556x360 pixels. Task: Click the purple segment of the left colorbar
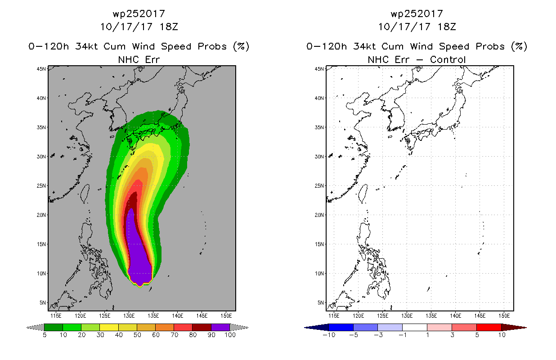(x=220, y=327)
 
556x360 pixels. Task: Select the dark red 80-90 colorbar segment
(x=202, y=327)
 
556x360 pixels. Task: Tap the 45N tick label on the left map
(x=41, y=69)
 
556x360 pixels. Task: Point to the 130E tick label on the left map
(x=129, y=315)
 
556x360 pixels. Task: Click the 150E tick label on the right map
(x=504, y=315)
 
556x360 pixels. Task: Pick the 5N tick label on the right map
(x=321, y=303)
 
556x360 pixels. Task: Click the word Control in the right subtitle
(x=448, y=59)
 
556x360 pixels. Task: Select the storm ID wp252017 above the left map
(x=139, y=13)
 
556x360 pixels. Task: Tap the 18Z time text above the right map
(x=447, y=27)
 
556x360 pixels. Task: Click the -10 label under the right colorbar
(x=329, y=335)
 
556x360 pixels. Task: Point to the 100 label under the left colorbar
(x=230, y=335)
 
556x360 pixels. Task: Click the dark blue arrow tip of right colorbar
(x=305, y=328)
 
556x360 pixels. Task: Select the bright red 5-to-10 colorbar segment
(x=489, y=327)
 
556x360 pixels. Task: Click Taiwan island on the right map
(x=363, y=193)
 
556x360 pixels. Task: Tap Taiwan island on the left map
(x=85, y=193)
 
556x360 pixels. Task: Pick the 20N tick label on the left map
(x=41, y=215)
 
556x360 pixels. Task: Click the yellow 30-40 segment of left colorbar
(x=109, y=327)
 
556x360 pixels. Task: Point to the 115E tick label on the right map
(x=334, y=315)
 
